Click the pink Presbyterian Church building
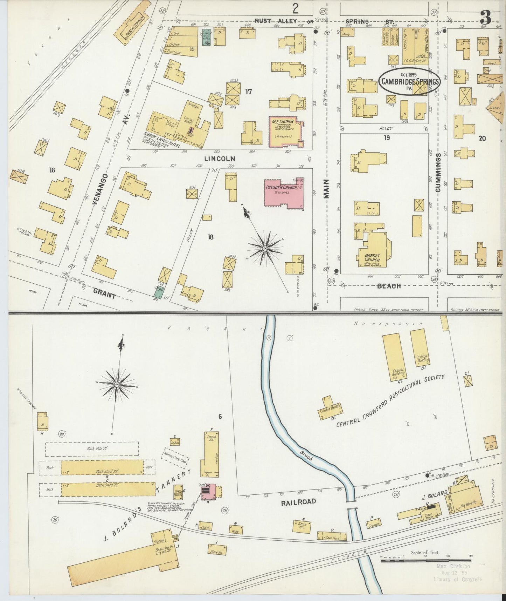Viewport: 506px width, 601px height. point(284,194)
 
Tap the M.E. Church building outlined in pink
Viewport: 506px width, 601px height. point(285,132)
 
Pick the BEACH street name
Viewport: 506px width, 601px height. point(388,286)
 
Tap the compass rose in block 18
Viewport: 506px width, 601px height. point(265,248)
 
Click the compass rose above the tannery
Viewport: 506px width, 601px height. point(117,385)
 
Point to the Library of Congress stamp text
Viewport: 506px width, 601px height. point(457,579)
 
